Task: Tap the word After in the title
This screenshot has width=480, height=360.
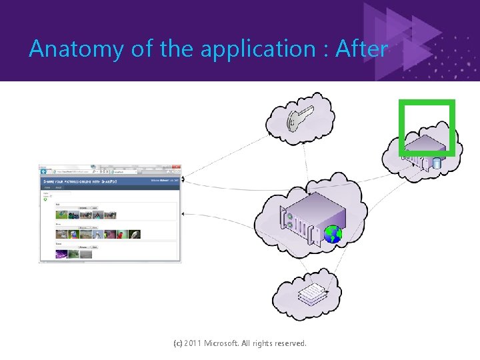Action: click(361, 49)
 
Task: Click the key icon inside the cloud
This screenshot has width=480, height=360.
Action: click(295, 119)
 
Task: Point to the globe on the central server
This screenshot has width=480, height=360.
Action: click(333, 234)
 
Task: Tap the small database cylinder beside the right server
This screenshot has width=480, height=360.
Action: click(437, 164)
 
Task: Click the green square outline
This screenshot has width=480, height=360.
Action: click(427, 101)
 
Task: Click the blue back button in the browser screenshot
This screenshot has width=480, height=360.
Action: click(44, 171)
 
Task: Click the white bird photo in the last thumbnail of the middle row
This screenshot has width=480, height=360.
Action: click(135, 234)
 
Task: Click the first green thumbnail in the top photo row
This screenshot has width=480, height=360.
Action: click(62, 215)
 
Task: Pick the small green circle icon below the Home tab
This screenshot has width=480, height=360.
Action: click(45, 198)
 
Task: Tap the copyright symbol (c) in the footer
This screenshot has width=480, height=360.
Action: click(177, 343)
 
